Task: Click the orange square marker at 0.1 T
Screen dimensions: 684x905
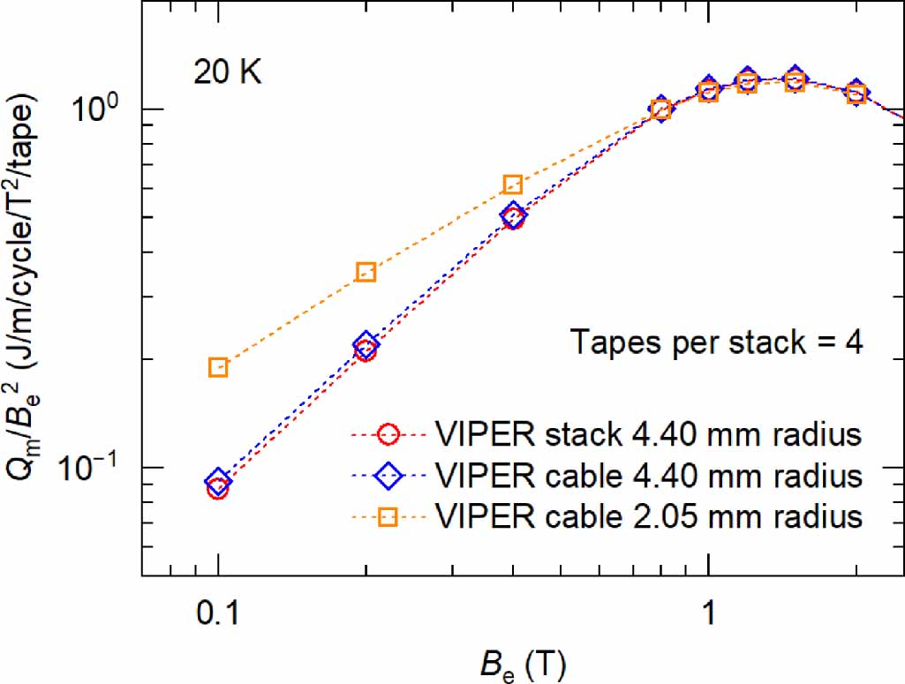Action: [x=218, y=367]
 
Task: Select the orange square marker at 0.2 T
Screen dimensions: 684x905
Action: [x=366, y=272]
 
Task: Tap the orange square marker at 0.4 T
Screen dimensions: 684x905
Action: [x=513, y=184]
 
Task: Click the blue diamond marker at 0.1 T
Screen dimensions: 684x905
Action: [x=218, y=482]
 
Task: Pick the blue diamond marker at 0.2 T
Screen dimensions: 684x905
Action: [x=366, y=343]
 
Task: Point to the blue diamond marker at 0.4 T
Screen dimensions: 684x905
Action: [x=513, y=214]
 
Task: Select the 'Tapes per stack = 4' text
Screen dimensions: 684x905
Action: [x=715, y=342]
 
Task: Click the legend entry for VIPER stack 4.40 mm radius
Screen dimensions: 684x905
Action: [x=648, y=435]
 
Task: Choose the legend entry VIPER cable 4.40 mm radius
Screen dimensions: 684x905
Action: [x=648, y=476]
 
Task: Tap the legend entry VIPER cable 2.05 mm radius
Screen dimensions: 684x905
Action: [x=648, y=516]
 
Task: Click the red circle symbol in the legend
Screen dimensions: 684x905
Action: [x=391, y=435]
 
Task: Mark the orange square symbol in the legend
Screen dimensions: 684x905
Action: [x=391, y=516]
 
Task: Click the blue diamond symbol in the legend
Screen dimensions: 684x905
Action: [x=391, y=476]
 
